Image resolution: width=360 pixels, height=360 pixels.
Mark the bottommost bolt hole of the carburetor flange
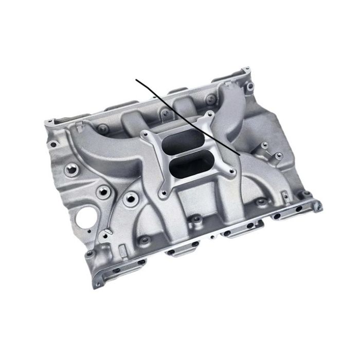coord(164,193)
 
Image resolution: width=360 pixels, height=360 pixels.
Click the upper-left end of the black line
coord(136,80)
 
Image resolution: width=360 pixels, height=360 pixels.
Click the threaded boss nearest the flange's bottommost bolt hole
coord(133,197)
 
